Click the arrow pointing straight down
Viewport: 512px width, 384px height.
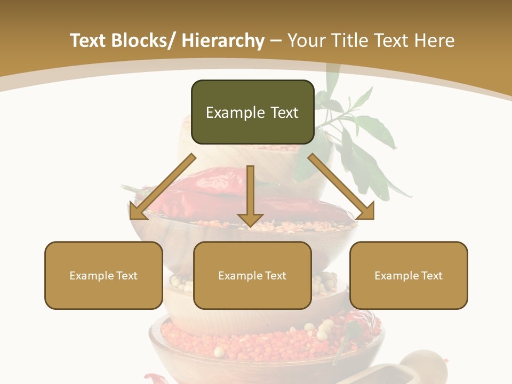click(250, 197)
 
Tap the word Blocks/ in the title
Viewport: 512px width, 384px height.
click(145, 41)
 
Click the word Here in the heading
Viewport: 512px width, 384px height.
click(434, 41)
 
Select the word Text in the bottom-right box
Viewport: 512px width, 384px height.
click(431, 276)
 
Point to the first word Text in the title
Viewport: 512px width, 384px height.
click(90, 41)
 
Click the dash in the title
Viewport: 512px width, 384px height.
click(276, 41)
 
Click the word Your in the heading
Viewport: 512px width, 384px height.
click(306, 41)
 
